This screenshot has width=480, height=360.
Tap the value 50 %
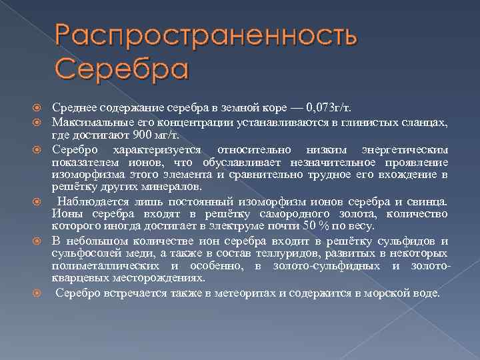click(x=307, y=225)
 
